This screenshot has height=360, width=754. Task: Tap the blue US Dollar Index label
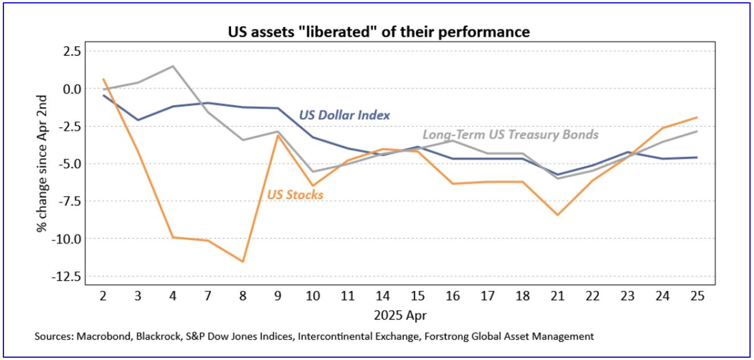(x=344, y=115)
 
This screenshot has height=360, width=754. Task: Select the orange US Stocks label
(x=295, y=195)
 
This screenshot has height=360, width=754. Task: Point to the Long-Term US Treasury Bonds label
(x=510, y=135)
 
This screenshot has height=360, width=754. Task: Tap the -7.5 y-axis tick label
(x=67, y=201)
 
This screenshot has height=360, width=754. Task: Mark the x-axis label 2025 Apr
(x=399, y=314)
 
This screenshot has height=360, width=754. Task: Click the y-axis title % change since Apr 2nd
(x=42, y=163)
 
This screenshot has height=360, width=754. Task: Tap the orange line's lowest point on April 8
(x=243, y=262)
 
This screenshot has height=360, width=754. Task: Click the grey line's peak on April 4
(x=173, y=66)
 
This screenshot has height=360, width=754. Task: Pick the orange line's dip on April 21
(x=557, y=215)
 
